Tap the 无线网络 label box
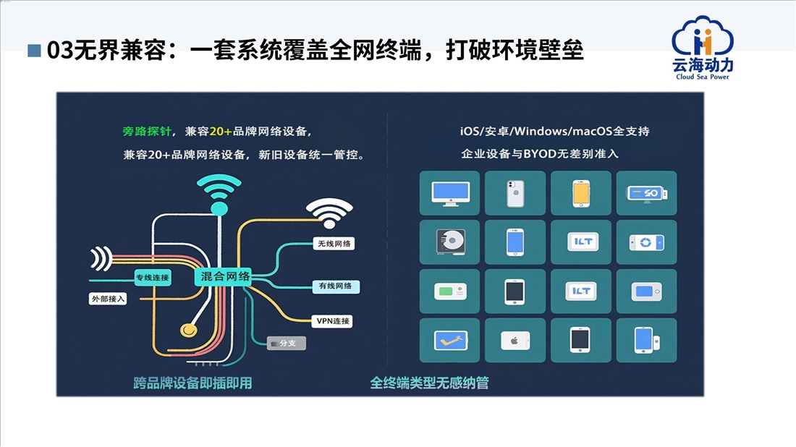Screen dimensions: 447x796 click(334, 244)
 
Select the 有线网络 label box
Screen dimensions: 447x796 click(335, 286)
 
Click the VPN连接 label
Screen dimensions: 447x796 click(333, 321)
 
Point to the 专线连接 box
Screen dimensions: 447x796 click(152, 277)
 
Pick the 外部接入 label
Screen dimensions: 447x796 click(108, 298)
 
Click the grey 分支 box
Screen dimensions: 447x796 click(287, 343)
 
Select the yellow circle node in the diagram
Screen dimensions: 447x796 click(188, 329)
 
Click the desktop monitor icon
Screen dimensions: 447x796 click(449, 193)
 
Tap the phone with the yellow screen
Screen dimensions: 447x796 click(580, 193)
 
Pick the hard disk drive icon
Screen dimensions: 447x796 click(449, 242)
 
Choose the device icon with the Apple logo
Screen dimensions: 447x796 click(515, 340)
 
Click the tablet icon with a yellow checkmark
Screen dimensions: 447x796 click(449, 340)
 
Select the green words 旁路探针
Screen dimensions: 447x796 click(148, 132)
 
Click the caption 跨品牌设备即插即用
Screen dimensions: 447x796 click(192, 383)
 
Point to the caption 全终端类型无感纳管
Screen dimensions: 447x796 click(429, 383)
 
